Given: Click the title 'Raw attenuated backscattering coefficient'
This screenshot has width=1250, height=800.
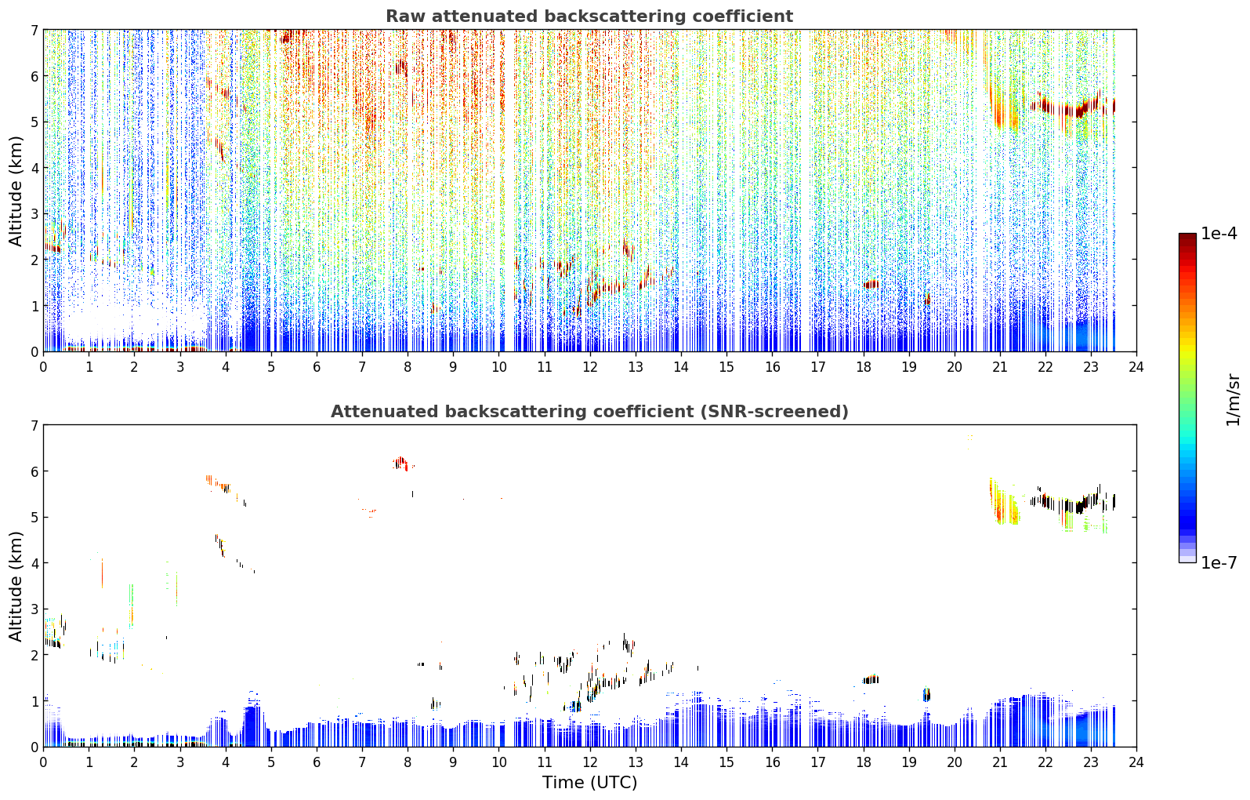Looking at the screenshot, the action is (589, 16).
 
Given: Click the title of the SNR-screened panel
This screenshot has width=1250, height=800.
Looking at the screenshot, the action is (589, 412).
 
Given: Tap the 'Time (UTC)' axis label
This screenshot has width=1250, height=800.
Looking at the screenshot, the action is (589, 783).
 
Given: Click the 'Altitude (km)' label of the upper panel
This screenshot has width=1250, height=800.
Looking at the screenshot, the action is (16, 191).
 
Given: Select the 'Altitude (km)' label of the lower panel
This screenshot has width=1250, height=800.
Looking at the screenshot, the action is (16, 587).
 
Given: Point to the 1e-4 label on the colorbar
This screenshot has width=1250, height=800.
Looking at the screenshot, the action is (1219, 234).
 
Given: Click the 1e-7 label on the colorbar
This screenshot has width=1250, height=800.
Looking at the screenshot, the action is (1219, 562).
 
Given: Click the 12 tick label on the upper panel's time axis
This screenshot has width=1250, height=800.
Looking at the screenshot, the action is (590, 367).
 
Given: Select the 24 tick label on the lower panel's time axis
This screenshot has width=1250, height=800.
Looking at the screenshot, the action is (1136, 762).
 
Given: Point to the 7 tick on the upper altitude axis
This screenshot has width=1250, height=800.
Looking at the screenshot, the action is (34, 30).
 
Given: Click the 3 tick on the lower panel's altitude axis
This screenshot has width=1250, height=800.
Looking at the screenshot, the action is (34, 609).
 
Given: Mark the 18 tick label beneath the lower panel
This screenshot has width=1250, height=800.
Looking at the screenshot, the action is (864, 762).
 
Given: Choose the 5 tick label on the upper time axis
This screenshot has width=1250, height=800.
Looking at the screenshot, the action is (271, 367).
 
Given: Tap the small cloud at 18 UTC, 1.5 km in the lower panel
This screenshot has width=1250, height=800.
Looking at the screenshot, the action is (871, 679).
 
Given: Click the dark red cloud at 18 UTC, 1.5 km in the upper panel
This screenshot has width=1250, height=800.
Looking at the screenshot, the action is (871, 285).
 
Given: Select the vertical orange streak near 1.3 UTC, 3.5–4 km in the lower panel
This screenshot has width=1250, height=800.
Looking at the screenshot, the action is (102, 573).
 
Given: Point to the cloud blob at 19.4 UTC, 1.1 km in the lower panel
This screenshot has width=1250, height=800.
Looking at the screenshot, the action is (926, 694).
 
